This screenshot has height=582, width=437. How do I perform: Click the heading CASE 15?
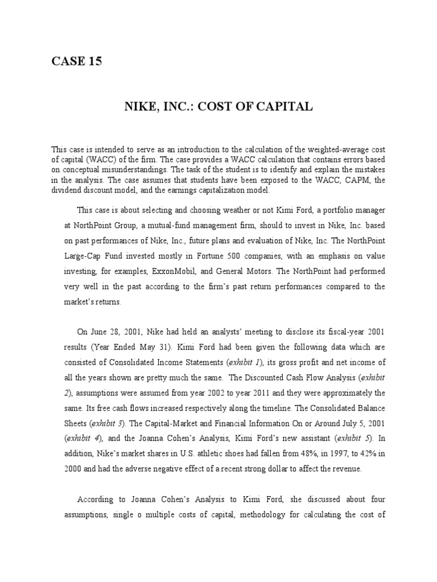(x=77, y=62)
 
